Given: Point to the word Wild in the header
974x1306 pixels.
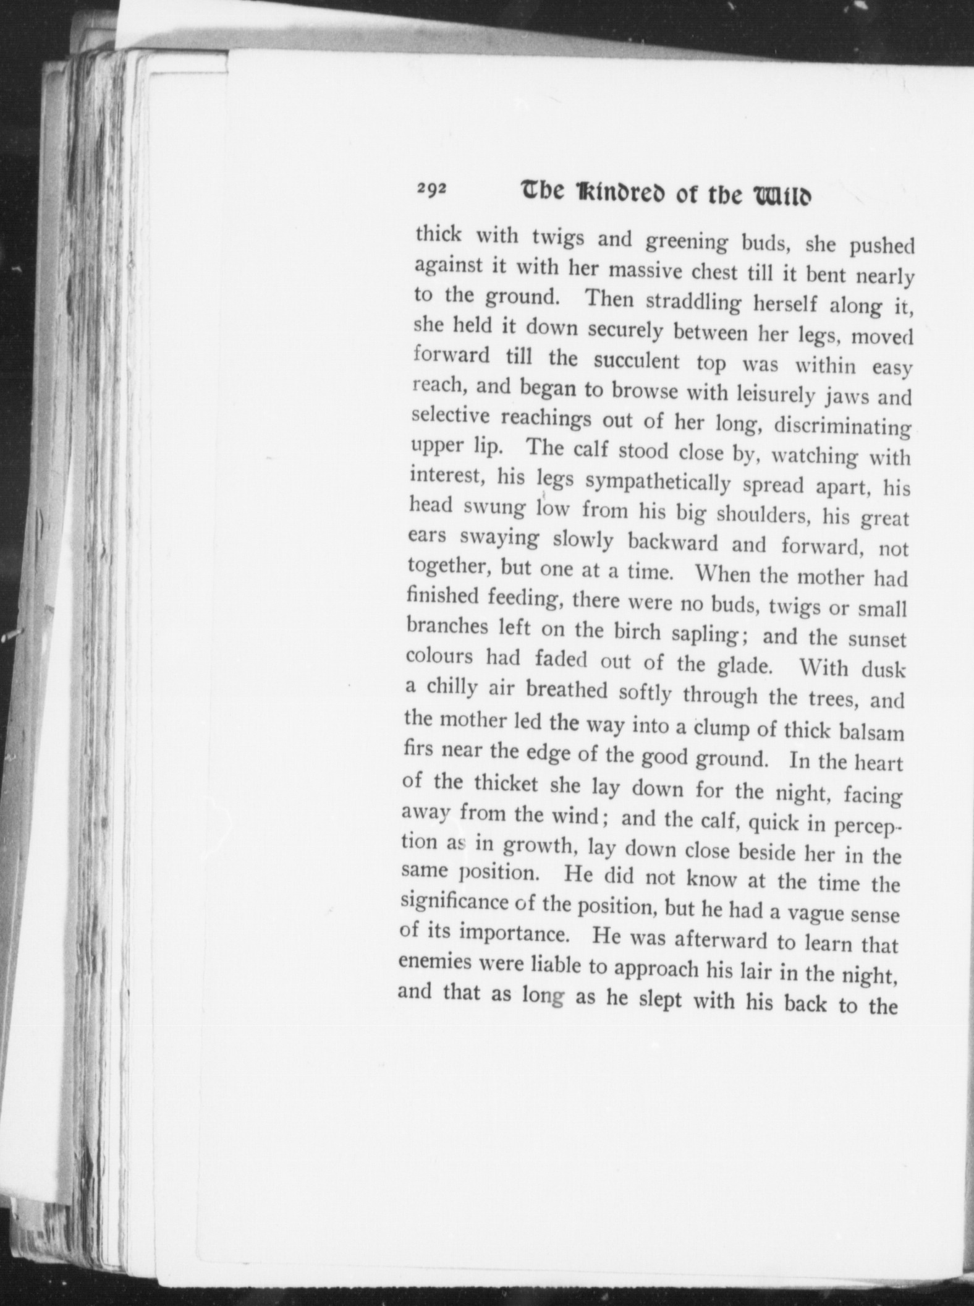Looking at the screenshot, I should tap(778, 197).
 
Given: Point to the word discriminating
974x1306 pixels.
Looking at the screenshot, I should tap(843, 426).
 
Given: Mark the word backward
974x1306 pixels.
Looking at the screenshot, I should tap(673, 542).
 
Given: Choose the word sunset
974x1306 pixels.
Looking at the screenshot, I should tap(876, 638).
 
